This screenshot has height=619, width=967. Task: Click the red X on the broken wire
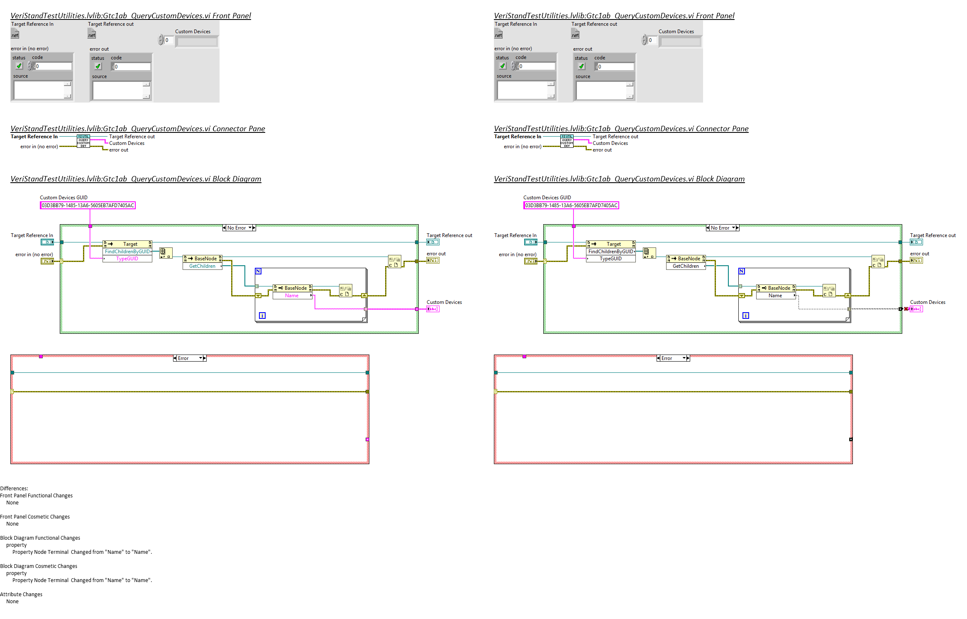point(906,309)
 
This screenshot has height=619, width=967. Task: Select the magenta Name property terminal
point(292,296)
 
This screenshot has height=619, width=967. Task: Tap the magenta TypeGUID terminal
point(127,259)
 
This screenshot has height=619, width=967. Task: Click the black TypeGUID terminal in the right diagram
point(610,259)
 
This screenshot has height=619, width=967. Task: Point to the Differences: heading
point(14,489)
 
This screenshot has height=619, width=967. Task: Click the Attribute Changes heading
point(21,595)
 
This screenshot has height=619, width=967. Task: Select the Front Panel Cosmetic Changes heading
point(35,517)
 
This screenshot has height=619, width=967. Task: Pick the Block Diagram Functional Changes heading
point(40,538)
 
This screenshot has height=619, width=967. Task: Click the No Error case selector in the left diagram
point(239,228)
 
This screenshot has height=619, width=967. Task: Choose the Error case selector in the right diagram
point(673,358)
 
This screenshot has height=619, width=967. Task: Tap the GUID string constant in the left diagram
point(88,206)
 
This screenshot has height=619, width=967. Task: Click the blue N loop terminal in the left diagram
point(258,271)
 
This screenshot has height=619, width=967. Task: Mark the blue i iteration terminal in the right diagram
point(746,316)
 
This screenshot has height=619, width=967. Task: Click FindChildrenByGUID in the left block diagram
point(127,252)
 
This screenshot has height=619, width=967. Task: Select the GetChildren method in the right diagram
point(686,266)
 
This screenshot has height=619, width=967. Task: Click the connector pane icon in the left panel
point(83,141)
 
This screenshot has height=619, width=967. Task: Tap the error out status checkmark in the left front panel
point(98,66)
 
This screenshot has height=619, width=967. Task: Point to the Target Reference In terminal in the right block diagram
point(531,242)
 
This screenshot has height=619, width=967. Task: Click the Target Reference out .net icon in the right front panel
point(575,34)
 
